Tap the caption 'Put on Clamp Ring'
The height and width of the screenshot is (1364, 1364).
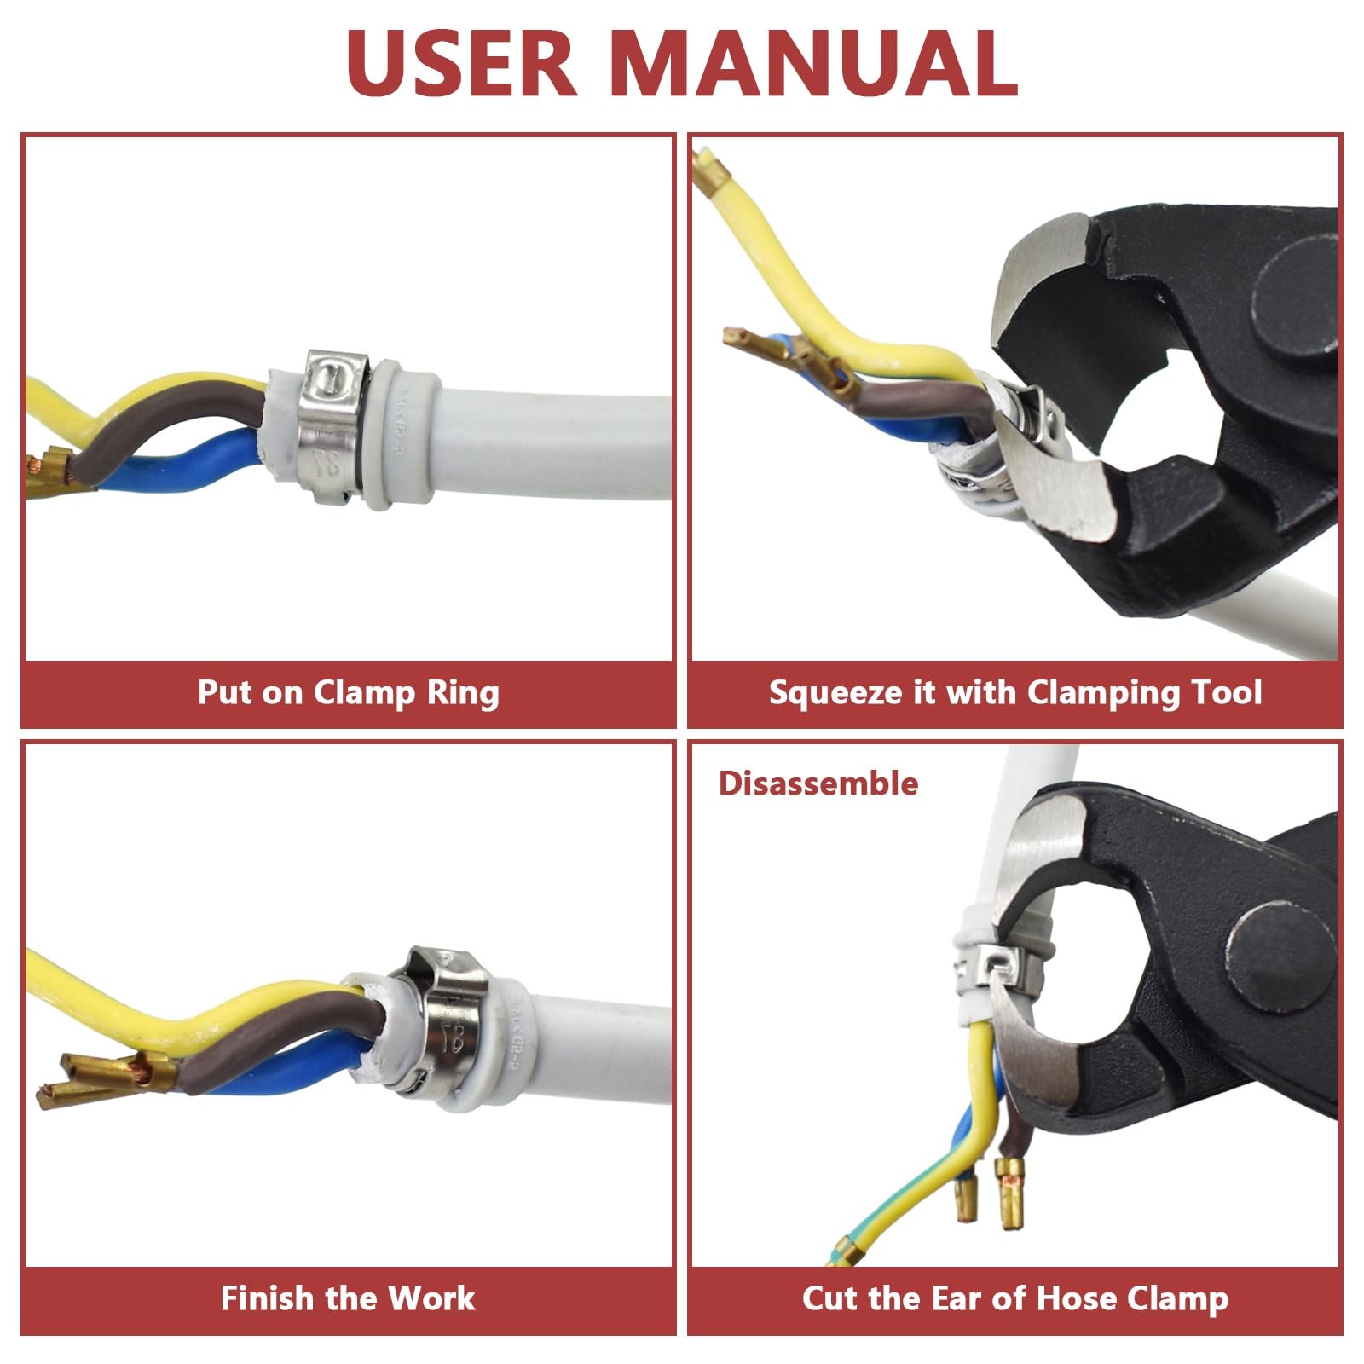(x=348, y=692)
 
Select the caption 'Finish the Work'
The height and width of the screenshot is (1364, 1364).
(x=348, y=1298)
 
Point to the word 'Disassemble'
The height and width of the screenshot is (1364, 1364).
(x=818, y=783)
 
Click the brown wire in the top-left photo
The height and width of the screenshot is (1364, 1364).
(x=170, y=426)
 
